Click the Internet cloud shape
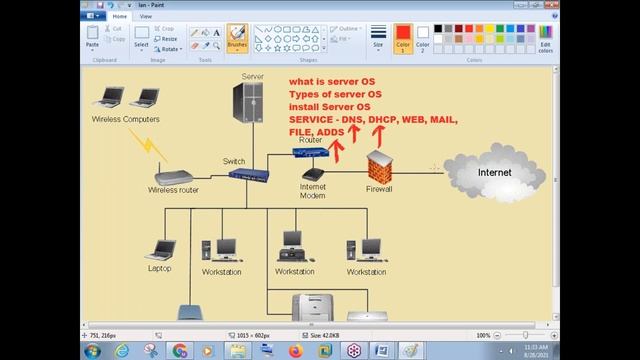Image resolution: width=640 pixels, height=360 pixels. [492, 173]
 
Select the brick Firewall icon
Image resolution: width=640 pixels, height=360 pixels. [379, 166]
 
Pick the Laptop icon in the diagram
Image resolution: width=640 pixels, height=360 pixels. [160, 250]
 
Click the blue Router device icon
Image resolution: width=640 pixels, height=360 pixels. [309, 152]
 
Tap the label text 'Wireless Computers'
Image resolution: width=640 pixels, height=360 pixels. [125, 120]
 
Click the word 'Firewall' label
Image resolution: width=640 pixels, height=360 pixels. [379, 188]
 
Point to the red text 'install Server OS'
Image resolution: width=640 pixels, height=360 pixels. [329, 106]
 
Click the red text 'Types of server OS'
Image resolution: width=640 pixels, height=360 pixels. [336, 93]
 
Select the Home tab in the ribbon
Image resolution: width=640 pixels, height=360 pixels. [120, 16]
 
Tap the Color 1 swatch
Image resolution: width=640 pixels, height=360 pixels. [403, 37]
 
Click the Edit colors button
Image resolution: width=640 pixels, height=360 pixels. [544, 38]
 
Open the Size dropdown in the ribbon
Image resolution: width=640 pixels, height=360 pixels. [378, 37]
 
